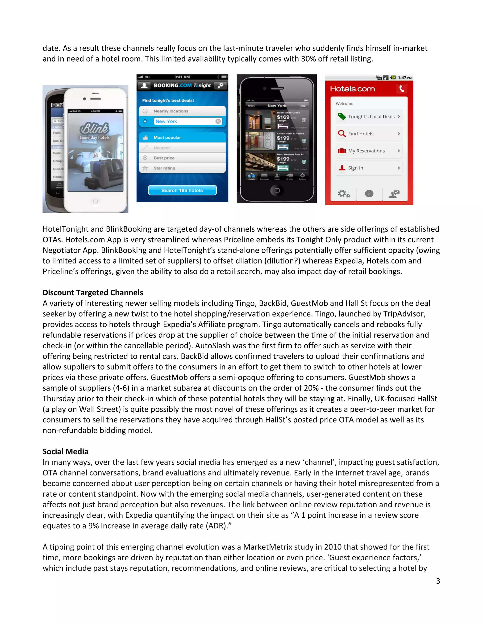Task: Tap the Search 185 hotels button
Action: tap(182, 190)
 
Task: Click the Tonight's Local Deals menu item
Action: tap(369, 117)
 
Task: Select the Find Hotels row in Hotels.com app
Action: tap(369, 134)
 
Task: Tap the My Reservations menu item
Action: tap(369, 151)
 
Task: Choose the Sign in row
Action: tap(369, 168)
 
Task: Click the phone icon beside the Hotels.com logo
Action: tap(402, 89)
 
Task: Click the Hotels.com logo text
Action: tap(352, 89)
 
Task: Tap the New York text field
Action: tap(185, 121)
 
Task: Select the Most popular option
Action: tap(182, 137)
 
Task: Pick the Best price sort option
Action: tap(182, 158)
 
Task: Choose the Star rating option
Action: tap(182, 168)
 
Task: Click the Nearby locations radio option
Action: tap(182, 111)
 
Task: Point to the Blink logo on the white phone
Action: tap(94, 129)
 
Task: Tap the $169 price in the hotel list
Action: tap(283, 117)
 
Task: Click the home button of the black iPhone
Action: tap(277, 191)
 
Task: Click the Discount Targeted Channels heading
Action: tap(93, 292)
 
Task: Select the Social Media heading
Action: tap(65, 452)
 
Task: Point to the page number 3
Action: tap(438, 581)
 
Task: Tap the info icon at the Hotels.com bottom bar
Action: tap(369, 194)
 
